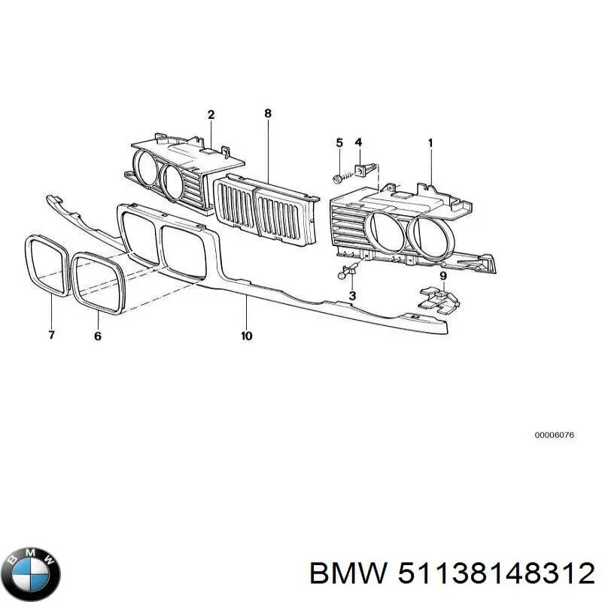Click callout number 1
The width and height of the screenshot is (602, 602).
click(x=430, y=143)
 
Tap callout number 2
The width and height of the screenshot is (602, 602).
click(x=211, y=114)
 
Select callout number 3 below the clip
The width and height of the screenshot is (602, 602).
click(x=352, y=295)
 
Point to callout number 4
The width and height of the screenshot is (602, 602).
click(x=358, y=142)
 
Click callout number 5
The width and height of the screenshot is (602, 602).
click(x=339, y=143)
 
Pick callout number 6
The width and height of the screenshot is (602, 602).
click(x=98, y=336)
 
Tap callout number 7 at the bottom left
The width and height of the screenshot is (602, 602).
click(x=52, y=335)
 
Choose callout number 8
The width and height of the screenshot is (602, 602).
click(x=268, y=114)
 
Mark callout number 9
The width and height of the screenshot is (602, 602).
click(x=443, y=275)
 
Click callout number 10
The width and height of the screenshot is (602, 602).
click(x=247, y=336)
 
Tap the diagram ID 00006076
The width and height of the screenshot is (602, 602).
click(x=555, y=435)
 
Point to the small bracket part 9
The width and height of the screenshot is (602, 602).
click(x=439, y=299)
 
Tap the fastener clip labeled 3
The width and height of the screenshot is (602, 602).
click(x=347, y=271)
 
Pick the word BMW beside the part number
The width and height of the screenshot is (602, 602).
click(x=348, y=574)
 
